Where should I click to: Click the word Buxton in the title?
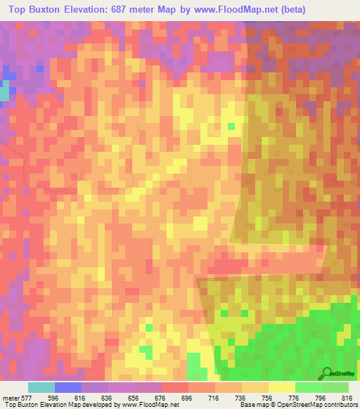click(56, 11)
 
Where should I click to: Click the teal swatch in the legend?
click(41, 387)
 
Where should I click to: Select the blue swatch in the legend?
click(68, 387)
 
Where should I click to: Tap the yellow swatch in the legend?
click(281, 387)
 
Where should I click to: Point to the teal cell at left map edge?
click(4, 92)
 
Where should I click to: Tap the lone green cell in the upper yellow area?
click(231, 126)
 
